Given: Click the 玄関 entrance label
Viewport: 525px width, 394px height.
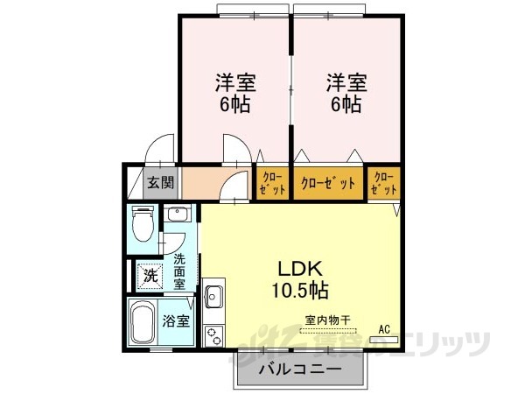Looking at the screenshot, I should point(160,184).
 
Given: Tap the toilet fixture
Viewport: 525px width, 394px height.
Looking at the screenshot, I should point(142,224).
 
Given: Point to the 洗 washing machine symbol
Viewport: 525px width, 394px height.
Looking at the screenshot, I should point(150,275).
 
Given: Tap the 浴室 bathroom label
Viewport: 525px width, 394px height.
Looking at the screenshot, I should point(177,320).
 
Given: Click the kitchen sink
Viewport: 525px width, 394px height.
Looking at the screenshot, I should point(213,296).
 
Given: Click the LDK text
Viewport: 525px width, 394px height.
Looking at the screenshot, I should point(299,269).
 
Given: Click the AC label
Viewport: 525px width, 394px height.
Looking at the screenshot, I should point(383,329).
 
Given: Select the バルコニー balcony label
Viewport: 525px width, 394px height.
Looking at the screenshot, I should point(298,370).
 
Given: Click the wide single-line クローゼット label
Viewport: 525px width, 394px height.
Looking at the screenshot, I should point(328,184).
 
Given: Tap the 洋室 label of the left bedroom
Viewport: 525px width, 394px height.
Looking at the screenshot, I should point(235,85).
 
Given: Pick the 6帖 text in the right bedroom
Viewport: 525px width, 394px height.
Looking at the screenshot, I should point(346,104).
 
